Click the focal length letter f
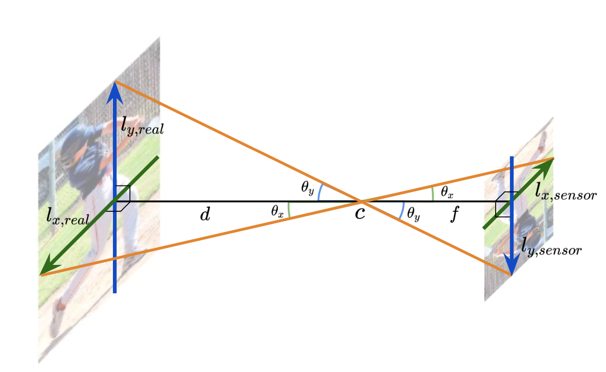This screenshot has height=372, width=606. pos(455,215)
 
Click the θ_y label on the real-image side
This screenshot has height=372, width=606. pos(308,188)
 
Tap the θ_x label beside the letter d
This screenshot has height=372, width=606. pos(278,211)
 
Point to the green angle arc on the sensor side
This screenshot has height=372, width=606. pos(432,193)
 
